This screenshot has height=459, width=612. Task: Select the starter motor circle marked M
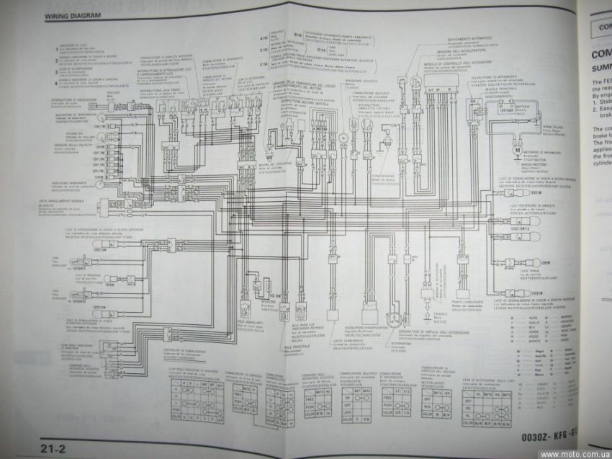[516, 149]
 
